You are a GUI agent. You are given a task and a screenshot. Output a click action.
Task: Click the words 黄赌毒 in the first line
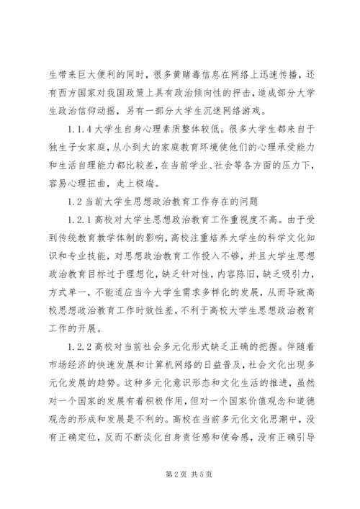[x=176, y=53]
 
